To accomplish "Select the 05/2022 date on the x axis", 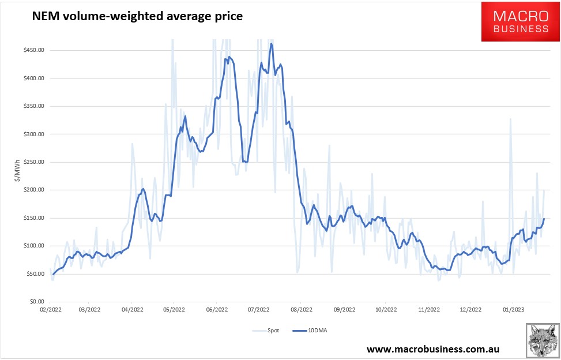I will pos(174,310).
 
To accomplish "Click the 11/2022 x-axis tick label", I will pos(429,310).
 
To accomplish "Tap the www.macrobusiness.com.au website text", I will pos(433,349).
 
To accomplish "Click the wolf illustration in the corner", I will pos(542,340).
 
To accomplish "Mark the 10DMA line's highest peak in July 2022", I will pos(271,44).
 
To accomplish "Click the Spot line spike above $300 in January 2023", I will pos(510,119).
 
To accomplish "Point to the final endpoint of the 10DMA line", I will pos(544,219).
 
